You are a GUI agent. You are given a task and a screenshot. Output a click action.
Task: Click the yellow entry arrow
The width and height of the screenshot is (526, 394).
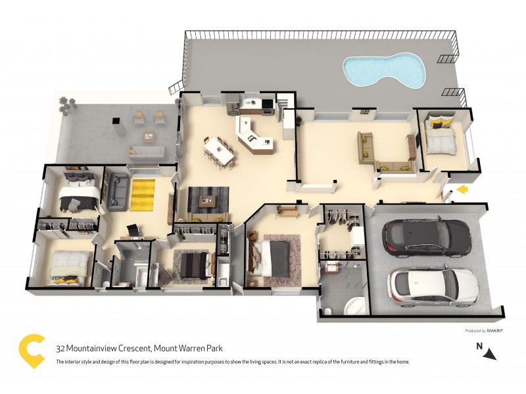pos(463,190)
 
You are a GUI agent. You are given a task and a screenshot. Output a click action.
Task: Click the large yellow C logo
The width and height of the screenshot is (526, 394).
pos(32,351)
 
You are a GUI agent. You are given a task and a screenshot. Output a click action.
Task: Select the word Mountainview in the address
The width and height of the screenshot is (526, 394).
pos(96,349)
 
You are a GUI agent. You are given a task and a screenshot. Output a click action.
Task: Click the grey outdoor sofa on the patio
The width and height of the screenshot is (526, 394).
pos(146,153)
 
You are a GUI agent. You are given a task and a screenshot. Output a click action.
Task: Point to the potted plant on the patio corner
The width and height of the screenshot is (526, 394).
pos(64,102)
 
